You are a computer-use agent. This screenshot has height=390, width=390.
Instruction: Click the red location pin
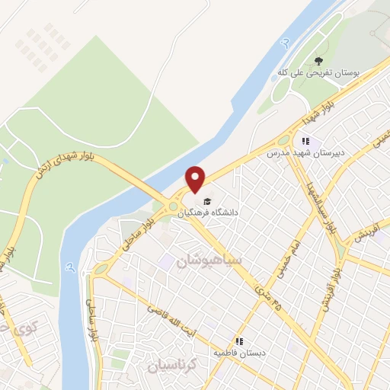[197, 178]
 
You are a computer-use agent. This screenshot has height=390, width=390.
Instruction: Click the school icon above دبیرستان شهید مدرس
[305, 141]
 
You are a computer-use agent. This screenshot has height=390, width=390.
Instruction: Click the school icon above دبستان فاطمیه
[239, 341]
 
